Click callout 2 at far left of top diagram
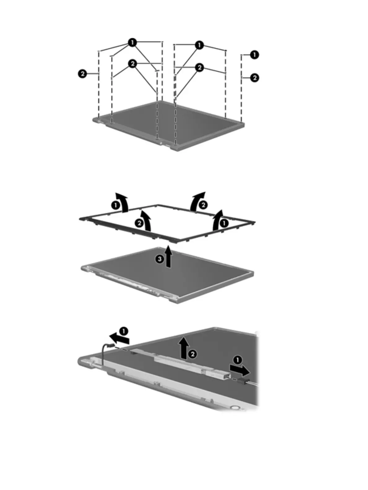click(82, 74)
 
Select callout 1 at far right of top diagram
click(254, 55)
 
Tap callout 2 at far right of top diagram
click(254, 77)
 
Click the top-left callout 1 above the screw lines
click(132, 43)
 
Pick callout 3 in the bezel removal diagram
click(159, 259)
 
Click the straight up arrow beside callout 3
click(168, 257)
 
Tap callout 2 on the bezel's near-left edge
click(139, 223)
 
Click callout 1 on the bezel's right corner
click(224, 223)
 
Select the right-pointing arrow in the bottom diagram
click(239, 369)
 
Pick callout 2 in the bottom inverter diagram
click(192, 354)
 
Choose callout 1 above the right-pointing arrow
click(237, 360)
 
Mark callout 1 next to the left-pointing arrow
click(123, 331)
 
